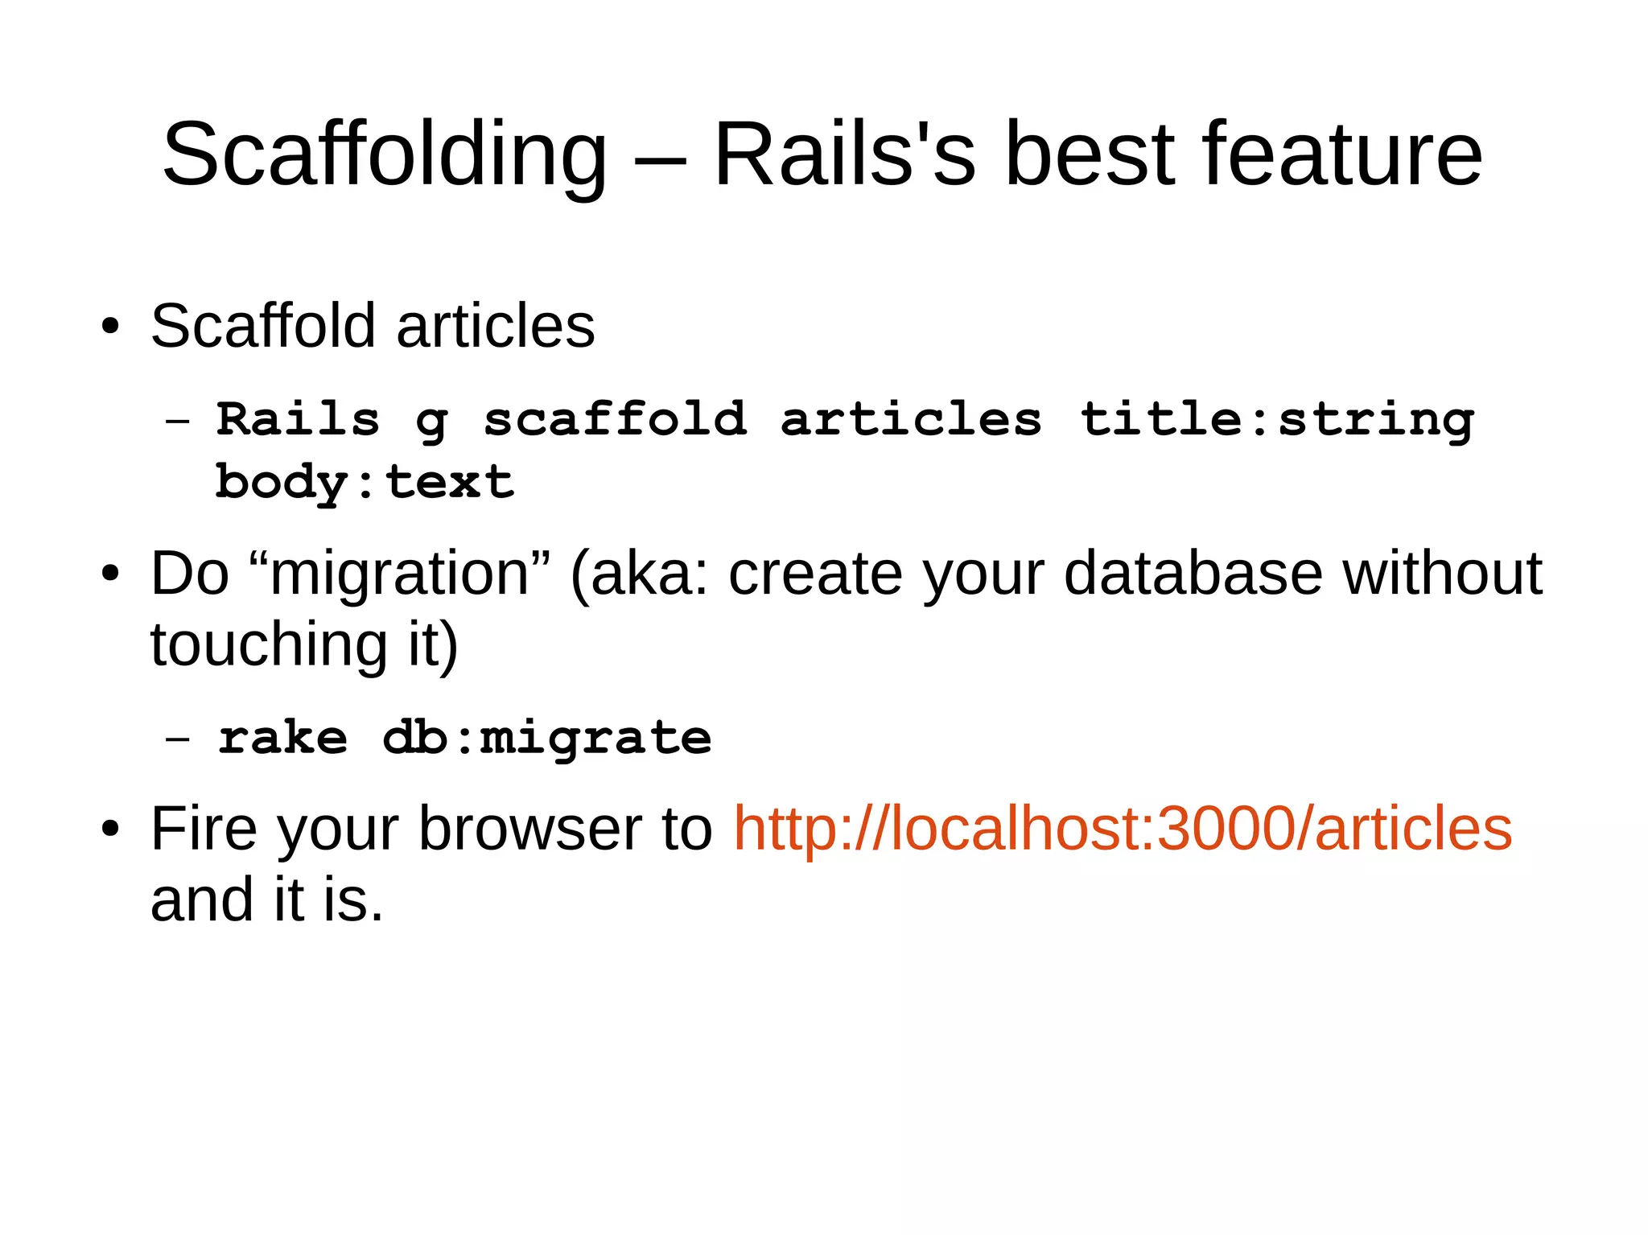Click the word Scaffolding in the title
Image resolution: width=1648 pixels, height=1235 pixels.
click(x=384, y=154)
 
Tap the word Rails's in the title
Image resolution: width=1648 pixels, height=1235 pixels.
click(x=844, y=154)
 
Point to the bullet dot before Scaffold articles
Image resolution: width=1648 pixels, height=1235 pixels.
click(x=110, y=327)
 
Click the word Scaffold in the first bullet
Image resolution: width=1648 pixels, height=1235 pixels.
click(x=262, y=326)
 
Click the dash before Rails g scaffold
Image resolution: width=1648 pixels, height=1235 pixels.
click(x=177, y=420)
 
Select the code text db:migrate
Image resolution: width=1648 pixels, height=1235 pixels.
click(x=547, y=738)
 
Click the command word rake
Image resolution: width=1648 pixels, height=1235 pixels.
click(x=283, y=738)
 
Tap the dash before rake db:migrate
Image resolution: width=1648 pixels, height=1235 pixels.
click(x=177, y=738)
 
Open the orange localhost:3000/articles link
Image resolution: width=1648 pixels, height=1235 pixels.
click(x=1123, y=829)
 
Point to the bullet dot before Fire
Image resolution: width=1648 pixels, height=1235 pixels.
click(x=110, y=829)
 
